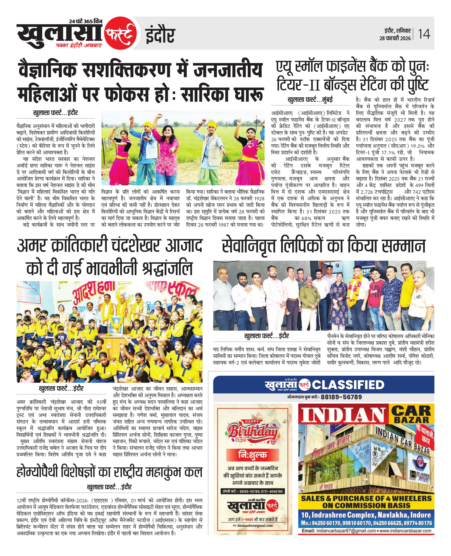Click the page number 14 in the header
pos(424,34)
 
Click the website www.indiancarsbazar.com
pos(405,531)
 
